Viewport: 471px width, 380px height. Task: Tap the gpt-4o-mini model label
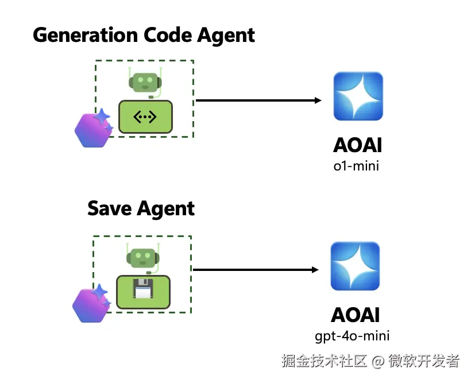tap(356, 336)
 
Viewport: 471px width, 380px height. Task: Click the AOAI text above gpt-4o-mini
tap(355, 315)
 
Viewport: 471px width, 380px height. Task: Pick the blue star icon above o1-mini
tap(357, 97)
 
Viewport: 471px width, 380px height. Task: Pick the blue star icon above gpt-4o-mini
tap(355, 266)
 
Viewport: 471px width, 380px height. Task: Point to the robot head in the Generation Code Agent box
tap(144, 83)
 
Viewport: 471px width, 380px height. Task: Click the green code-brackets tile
tap(145, 117)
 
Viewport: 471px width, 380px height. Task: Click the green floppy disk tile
tap(143, 292)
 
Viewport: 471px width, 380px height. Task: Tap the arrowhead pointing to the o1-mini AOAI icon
tap(318, 100)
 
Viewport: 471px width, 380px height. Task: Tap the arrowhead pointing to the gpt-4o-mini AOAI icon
tap(315, 269)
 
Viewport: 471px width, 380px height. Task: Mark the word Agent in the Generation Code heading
tap(226, 35)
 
